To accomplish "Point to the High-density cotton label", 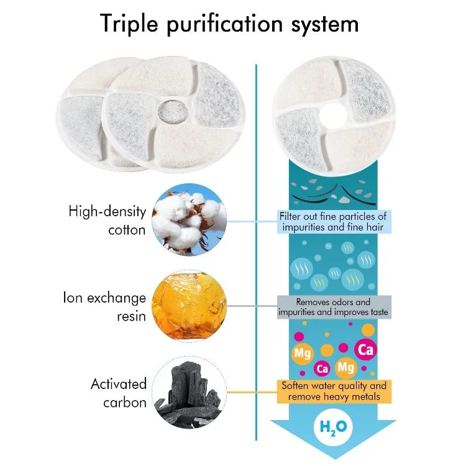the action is pos(107,221).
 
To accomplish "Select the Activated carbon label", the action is pos(118,392).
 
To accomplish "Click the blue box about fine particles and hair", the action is pos(334,222).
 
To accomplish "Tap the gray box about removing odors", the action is pos(334,308).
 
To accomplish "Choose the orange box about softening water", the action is pos(334,391).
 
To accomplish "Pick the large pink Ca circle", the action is pos(366,350).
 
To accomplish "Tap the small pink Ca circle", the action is pos(322,368).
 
